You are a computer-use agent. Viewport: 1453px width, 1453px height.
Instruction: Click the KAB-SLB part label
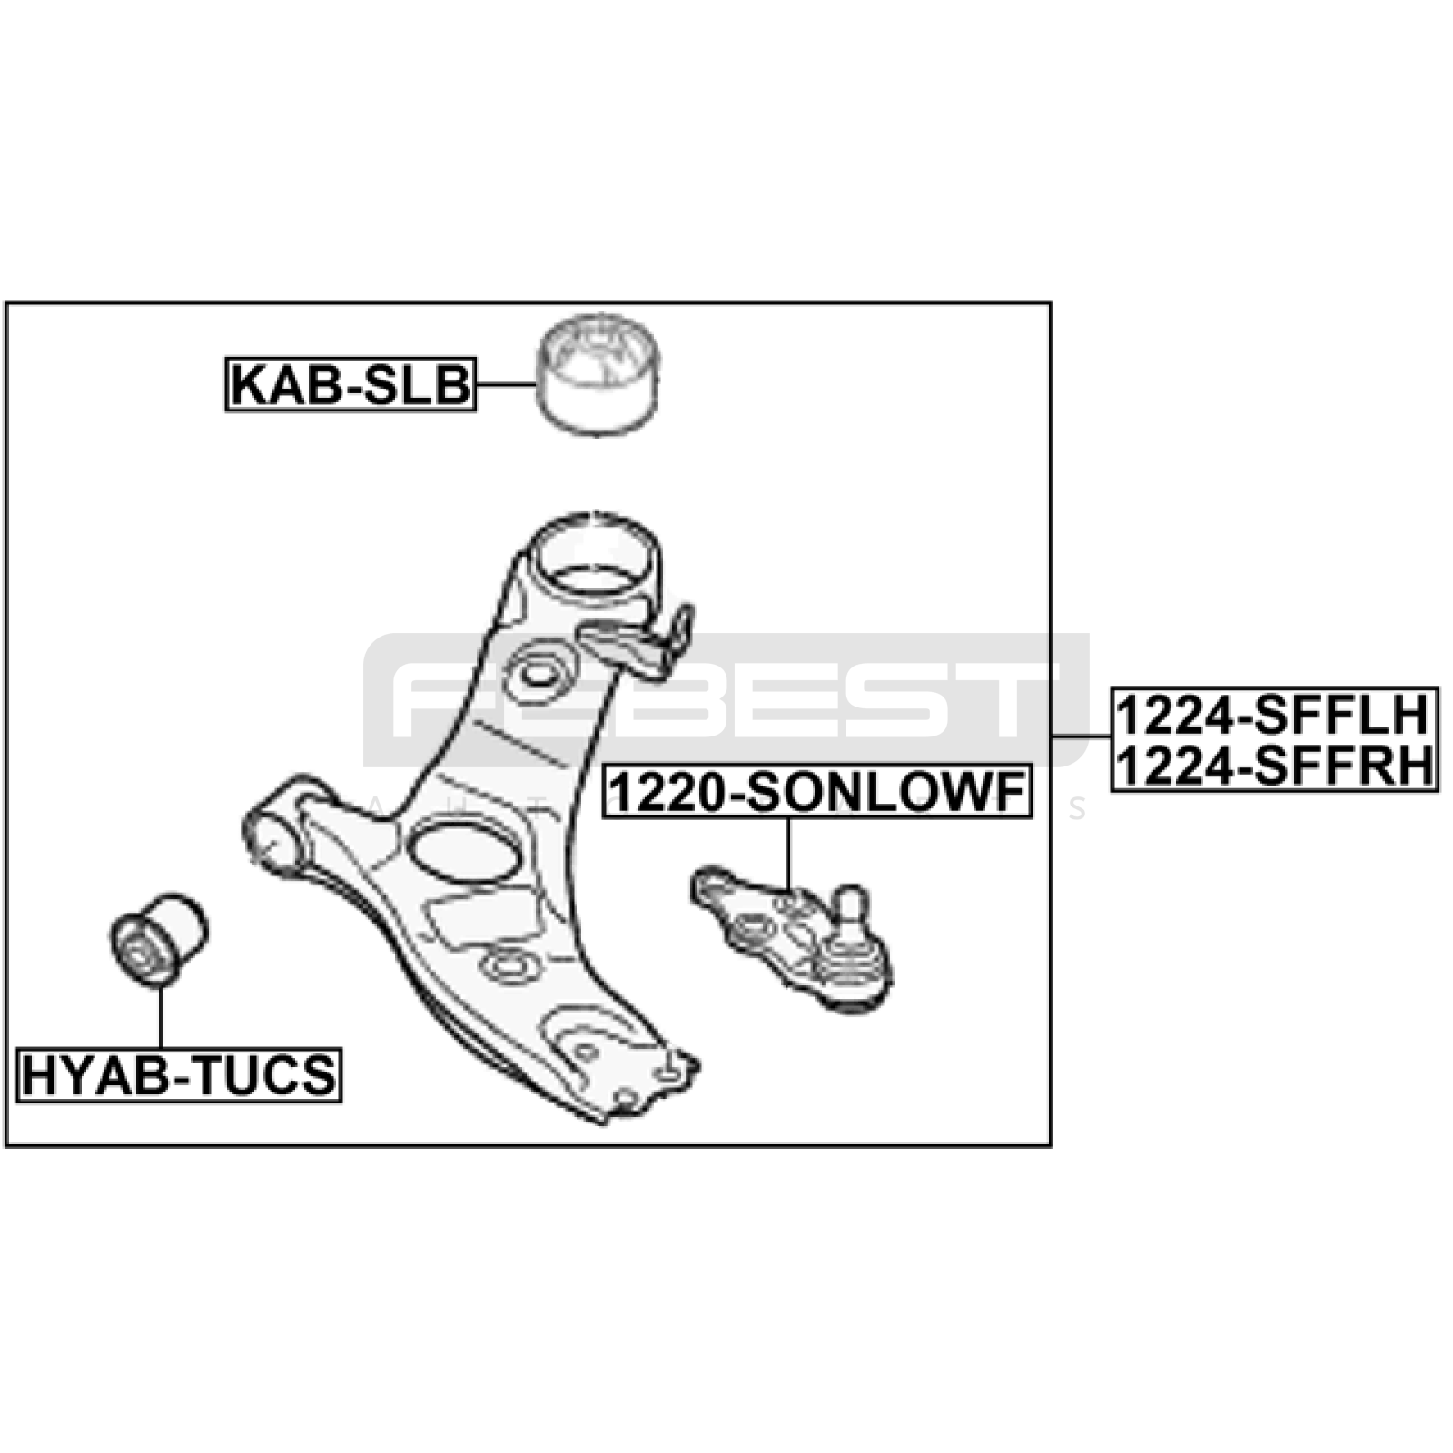(351, 384)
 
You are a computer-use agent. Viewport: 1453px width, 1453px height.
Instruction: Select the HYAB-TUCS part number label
(180, 1075)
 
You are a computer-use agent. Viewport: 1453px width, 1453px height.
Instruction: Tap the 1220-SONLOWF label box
(818, 792)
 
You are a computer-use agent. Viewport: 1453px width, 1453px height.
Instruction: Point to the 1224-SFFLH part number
(1274, 715)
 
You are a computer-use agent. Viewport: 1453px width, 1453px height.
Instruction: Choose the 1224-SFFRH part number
(1274, 766)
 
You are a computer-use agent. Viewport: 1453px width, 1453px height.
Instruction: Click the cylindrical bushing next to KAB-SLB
(598, 373)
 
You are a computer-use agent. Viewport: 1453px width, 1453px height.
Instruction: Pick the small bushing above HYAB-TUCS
(159, 939)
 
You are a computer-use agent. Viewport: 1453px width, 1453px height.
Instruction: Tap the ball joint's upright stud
(851, 913)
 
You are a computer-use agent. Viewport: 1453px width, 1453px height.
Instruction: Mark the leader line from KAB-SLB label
(506, 385)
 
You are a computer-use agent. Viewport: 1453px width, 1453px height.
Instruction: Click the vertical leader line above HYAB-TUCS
(161, 1017)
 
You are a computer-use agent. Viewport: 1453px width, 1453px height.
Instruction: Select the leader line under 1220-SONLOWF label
(788, 854)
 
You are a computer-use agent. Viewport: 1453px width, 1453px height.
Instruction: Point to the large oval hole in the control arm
(465, 851)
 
